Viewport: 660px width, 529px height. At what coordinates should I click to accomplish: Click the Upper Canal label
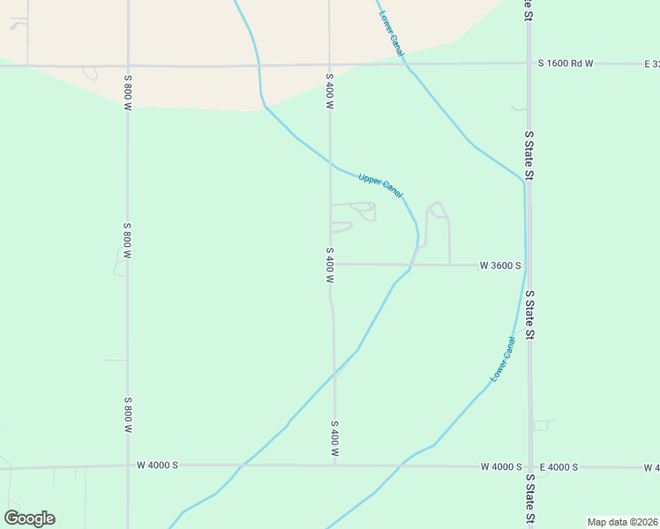point(381,185)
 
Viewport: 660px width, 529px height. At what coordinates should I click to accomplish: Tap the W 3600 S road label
point(500,264)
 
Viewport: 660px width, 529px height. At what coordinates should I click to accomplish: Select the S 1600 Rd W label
point(566,63)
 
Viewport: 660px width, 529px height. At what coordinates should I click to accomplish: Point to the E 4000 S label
point(558,466)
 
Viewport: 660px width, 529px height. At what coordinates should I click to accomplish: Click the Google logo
point(29,518)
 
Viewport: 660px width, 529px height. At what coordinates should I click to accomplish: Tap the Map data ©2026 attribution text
point(623,522)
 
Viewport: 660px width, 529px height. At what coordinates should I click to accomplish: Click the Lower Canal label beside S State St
point(502,360)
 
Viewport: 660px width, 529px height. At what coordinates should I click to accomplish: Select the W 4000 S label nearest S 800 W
point(158,465)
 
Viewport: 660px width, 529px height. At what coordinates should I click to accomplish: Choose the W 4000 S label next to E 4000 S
point(501,466)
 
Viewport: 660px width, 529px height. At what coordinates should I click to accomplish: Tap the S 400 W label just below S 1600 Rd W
point(329,92)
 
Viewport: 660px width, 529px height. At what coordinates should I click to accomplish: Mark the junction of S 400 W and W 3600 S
point(331,264)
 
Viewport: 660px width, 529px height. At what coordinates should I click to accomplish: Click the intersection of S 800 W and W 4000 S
point(128,466)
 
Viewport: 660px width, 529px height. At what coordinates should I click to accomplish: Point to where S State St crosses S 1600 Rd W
point(529,63)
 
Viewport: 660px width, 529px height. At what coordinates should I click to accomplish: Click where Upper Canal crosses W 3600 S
point(412,264)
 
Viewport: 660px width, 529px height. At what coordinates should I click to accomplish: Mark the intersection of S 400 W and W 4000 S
point(335,465)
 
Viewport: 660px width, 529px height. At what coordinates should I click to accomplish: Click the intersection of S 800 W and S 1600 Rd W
point(128,65)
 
